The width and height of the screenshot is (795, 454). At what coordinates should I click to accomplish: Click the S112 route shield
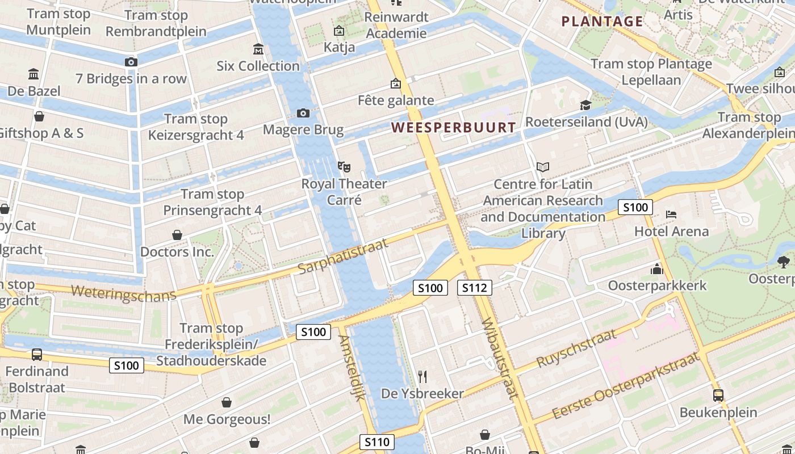tap(474, 288)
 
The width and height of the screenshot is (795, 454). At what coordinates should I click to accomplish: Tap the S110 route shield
tap(377, 442)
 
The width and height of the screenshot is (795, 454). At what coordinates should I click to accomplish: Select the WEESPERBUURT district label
tap(454, 128)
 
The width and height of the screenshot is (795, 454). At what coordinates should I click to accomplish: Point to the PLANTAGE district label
tap(602, 22)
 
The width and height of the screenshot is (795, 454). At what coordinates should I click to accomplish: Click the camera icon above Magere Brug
tap(303, 113)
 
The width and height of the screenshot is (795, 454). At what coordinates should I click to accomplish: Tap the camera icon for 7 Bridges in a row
tap(131, 62)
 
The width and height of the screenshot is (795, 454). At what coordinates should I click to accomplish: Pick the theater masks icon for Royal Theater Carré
tap(344, 167)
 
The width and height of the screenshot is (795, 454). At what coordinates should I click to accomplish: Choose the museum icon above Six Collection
tap(258, 49)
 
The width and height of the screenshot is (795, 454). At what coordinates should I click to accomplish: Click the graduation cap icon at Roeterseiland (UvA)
tap(585, 105)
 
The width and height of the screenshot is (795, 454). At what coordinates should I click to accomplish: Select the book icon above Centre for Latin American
tap(543, 167)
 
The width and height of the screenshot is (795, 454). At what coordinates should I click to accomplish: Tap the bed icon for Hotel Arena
tap(671, 215)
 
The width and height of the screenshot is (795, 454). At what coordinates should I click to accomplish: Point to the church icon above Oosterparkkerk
tap(657, 269)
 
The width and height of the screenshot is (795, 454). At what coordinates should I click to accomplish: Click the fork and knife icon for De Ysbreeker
tap(422, 376)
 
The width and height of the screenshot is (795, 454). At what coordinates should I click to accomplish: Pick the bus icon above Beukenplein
tap(718, 395)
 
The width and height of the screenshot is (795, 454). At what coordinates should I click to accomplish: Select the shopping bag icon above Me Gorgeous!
tap(227, 402)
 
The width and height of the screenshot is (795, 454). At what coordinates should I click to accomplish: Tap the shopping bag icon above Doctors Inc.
tap(177, 235)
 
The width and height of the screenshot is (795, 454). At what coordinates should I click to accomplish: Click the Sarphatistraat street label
tap(342, 255)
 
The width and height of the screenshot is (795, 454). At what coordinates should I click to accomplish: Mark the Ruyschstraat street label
tap(576, 347)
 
